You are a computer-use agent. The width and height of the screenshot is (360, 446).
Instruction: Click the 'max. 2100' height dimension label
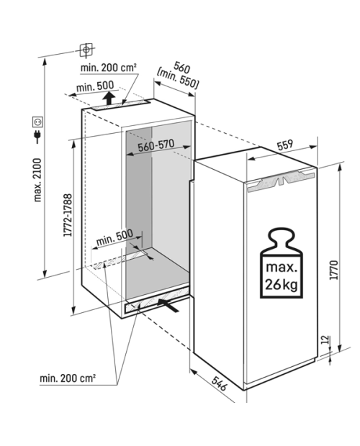point(37,180)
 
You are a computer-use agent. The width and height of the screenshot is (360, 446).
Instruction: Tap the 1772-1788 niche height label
point(68,215)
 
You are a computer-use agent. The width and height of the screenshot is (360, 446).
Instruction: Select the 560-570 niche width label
point(156,145)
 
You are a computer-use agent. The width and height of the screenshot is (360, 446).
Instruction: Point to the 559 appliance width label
point(285,144)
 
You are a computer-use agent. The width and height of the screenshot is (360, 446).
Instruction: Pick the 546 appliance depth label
point(220,383)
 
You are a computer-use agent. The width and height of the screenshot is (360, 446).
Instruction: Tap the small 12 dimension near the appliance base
point(325,340)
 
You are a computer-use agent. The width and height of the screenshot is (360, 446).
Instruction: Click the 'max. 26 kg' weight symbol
point(282,263)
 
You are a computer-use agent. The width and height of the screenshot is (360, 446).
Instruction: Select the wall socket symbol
point(37,122)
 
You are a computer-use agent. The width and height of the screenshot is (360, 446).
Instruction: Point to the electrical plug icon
point(37,137)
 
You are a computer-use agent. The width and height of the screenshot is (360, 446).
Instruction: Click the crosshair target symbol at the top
point(86,50)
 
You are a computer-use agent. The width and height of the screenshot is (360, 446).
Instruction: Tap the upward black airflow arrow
point(109,99)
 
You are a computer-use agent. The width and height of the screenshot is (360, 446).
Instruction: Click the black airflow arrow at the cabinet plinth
point(168,306)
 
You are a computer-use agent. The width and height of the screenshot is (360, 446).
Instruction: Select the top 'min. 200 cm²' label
point(108,68)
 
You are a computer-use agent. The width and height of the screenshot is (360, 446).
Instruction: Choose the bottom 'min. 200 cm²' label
point(68,378)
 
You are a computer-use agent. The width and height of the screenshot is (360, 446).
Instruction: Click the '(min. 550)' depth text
point(177,79)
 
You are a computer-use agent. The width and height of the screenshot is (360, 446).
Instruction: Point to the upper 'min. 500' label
point(95,86)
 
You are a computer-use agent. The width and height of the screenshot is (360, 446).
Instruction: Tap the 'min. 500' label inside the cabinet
point(114,237)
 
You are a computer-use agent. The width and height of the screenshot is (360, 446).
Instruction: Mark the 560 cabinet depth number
point(181,68)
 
